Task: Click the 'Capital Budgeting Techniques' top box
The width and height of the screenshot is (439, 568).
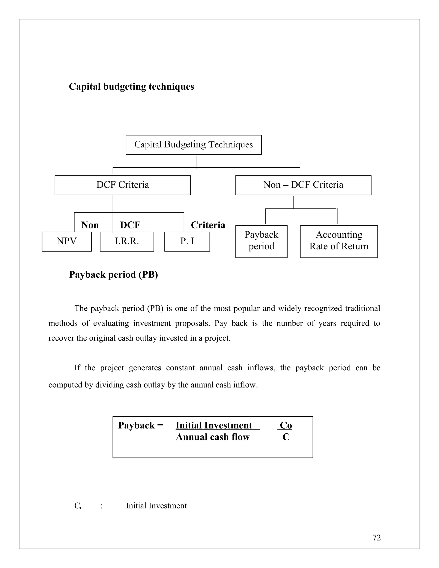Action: point(194,145)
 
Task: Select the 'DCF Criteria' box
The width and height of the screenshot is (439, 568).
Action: point(122,185)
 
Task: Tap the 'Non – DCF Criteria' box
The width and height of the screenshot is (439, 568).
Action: point(303,185)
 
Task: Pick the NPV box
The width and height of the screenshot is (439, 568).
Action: point(67,241)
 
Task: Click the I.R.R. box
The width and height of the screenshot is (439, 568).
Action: point(127,241)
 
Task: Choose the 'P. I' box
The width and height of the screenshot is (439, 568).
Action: point(187,241)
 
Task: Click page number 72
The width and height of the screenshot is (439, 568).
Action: point(376,538)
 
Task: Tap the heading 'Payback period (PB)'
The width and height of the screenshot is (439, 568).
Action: point(113,275)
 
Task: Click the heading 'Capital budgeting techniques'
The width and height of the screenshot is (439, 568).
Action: point(131,87)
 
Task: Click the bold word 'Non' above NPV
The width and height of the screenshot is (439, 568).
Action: point(90,225)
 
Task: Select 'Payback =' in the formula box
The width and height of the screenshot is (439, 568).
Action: point(140,425)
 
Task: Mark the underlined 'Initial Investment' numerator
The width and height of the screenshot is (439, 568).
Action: point(214,425)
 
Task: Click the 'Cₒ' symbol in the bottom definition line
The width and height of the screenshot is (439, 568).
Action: point(78,506)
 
